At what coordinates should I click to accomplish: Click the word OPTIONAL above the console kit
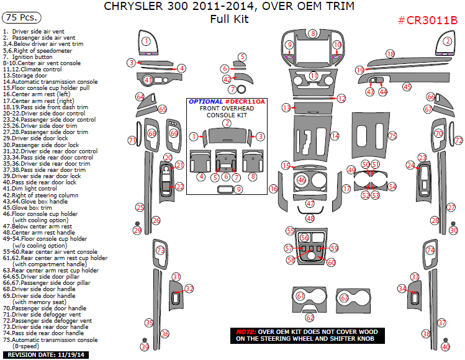tap(205, 101)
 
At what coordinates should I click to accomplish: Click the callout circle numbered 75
tap(392, 135)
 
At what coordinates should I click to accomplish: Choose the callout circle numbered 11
tap(314, 76)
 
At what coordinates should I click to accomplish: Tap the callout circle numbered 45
tap(407, 87)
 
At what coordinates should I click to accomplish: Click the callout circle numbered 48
tap(310, 218)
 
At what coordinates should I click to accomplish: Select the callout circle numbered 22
tap(179, 187)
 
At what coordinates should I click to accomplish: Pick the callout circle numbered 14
tap(335, 136)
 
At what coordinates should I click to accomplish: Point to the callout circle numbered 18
tap(391, 55)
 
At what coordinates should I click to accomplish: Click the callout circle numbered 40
tap(445, 347)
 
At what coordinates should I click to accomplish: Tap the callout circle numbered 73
tap(160, 250)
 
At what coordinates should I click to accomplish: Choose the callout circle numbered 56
tap(304, 237)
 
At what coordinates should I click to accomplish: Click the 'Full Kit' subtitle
tap(229, 19)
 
